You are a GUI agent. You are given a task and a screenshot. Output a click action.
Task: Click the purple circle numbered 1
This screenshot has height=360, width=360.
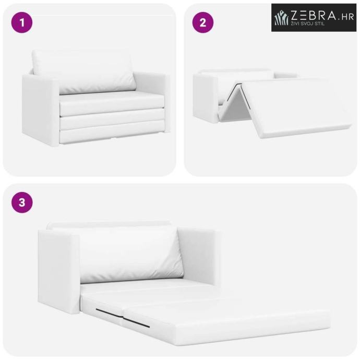pos(22,22)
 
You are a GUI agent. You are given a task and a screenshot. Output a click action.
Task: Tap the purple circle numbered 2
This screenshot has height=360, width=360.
pos(203,22)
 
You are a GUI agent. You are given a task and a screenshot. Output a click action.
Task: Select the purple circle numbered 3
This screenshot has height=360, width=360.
pos(22,202)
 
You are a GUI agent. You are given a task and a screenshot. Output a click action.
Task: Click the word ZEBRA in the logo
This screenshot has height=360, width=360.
pos(314,15)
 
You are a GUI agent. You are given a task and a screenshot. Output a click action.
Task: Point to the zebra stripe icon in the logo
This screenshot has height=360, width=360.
pos(281,17)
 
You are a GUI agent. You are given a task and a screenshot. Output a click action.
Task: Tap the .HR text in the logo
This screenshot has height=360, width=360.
pos(346,17)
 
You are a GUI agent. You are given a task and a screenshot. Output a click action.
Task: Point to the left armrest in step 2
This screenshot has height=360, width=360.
pos(205,98)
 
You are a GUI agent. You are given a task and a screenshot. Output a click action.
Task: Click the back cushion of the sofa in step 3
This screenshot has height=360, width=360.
pos(131,255)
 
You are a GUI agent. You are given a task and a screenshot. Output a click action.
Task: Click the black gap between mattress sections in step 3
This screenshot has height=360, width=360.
pos(123,318)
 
